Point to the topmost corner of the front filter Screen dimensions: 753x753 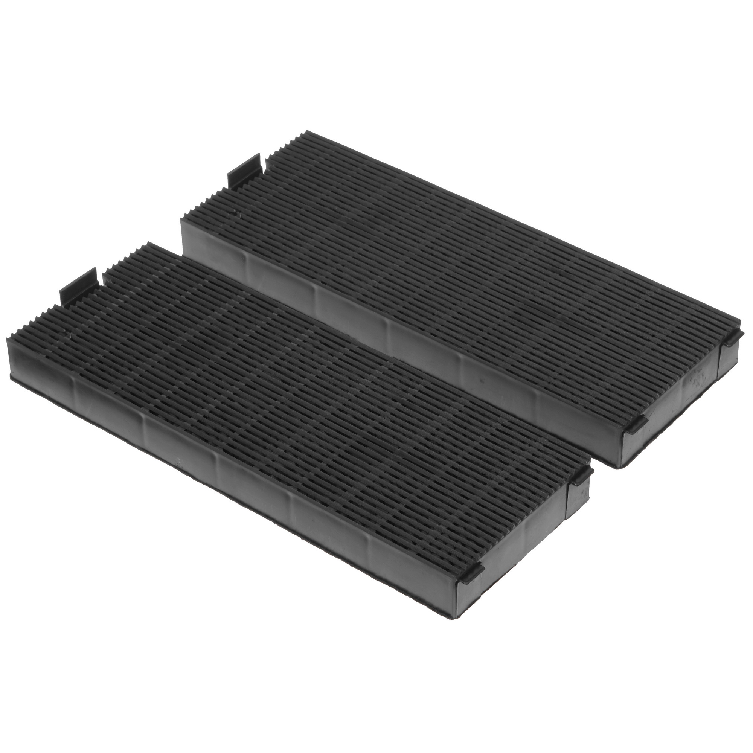pos(149,243)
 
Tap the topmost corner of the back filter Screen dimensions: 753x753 pos(308,131)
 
